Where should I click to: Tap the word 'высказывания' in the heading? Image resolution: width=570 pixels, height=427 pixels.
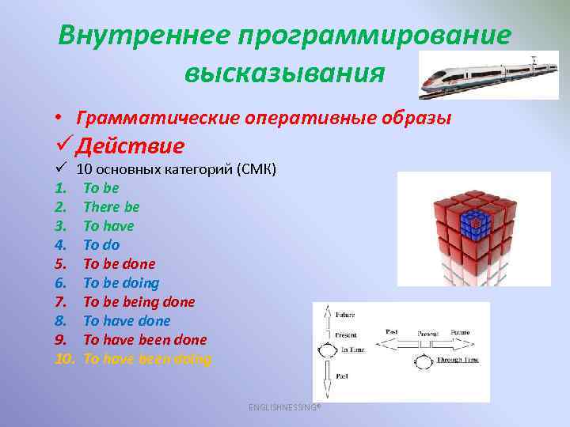tap(285, 74)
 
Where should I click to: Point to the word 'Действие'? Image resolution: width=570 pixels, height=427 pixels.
tap(131, 146)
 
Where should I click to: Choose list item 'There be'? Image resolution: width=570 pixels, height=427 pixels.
tap(112, 207)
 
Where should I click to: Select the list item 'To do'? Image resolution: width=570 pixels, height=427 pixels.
tap(101, 245)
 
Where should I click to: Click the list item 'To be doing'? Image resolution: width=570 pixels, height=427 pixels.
tap(121, 283)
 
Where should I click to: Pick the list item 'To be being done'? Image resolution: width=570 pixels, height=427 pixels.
tap(139, 302)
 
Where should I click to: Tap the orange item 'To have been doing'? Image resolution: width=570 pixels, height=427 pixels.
tap(147, 359)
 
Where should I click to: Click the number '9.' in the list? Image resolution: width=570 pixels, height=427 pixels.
tap(63, 340)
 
